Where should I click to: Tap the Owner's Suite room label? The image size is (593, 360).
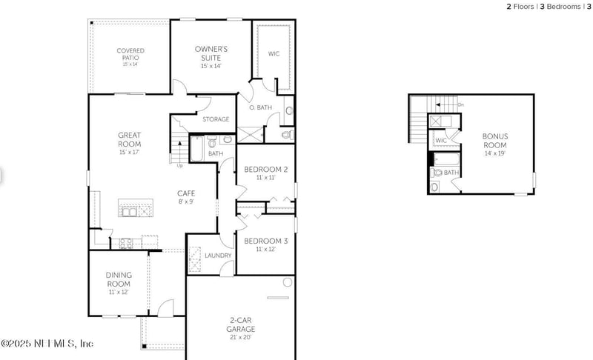211,53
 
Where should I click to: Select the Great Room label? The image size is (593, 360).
130,139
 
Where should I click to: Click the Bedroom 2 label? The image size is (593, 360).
265,170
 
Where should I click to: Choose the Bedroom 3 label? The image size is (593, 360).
265,241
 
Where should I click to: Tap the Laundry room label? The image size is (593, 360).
219,256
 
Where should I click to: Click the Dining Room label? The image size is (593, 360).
119,279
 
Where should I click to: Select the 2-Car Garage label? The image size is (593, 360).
242,324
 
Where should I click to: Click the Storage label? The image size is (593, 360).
216,119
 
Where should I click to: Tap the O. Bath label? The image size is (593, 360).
261,108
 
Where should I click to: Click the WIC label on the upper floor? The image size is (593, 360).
441,140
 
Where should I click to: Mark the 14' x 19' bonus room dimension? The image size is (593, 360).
495,153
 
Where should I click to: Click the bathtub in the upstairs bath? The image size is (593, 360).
448,159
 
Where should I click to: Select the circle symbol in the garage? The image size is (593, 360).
286,282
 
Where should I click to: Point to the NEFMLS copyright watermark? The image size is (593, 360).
47,344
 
